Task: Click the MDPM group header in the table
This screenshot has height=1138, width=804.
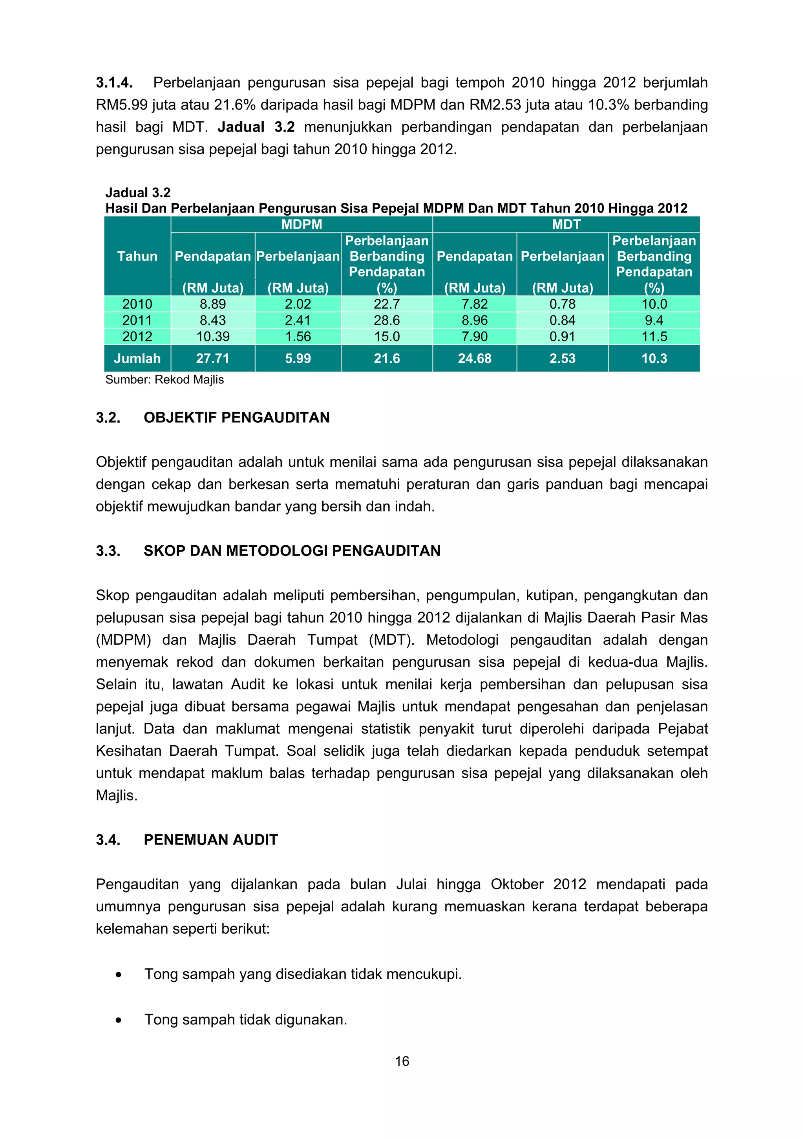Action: [301, 225]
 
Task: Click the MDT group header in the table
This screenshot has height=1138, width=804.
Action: [566, 225]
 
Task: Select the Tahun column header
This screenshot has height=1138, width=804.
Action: [137, 256]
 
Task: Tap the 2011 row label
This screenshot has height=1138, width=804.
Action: [137, 320]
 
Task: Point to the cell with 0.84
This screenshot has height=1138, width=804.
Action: [562, 320]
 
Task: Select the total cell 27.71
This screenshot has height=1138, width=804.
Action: [212, 358]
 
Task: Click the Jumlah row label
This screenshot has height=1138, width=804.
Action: [137, 358]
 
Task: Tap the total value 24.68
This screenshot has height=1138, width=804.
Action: [474, 358]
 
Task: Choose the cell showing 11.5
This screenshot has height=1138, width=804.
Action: [654, 337]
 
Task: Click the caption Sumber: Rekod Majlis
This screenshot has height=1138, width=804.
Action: [164, 380]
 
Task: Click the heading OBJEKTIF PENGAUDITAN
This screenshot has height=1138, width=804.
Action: [236, 417]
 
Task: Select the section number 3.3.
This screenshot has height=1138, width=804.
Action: [108, 551]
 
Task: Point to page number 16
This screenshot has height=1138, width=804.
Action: [402, 1061]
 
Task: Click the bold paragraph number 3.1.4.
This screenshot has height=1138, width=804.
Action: [114, 82]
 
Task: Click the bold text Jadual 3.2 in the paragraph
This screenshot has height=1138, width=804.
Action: [256, 127]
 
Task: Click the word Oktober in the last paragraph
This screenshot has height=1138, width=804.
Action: [518, 884]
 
